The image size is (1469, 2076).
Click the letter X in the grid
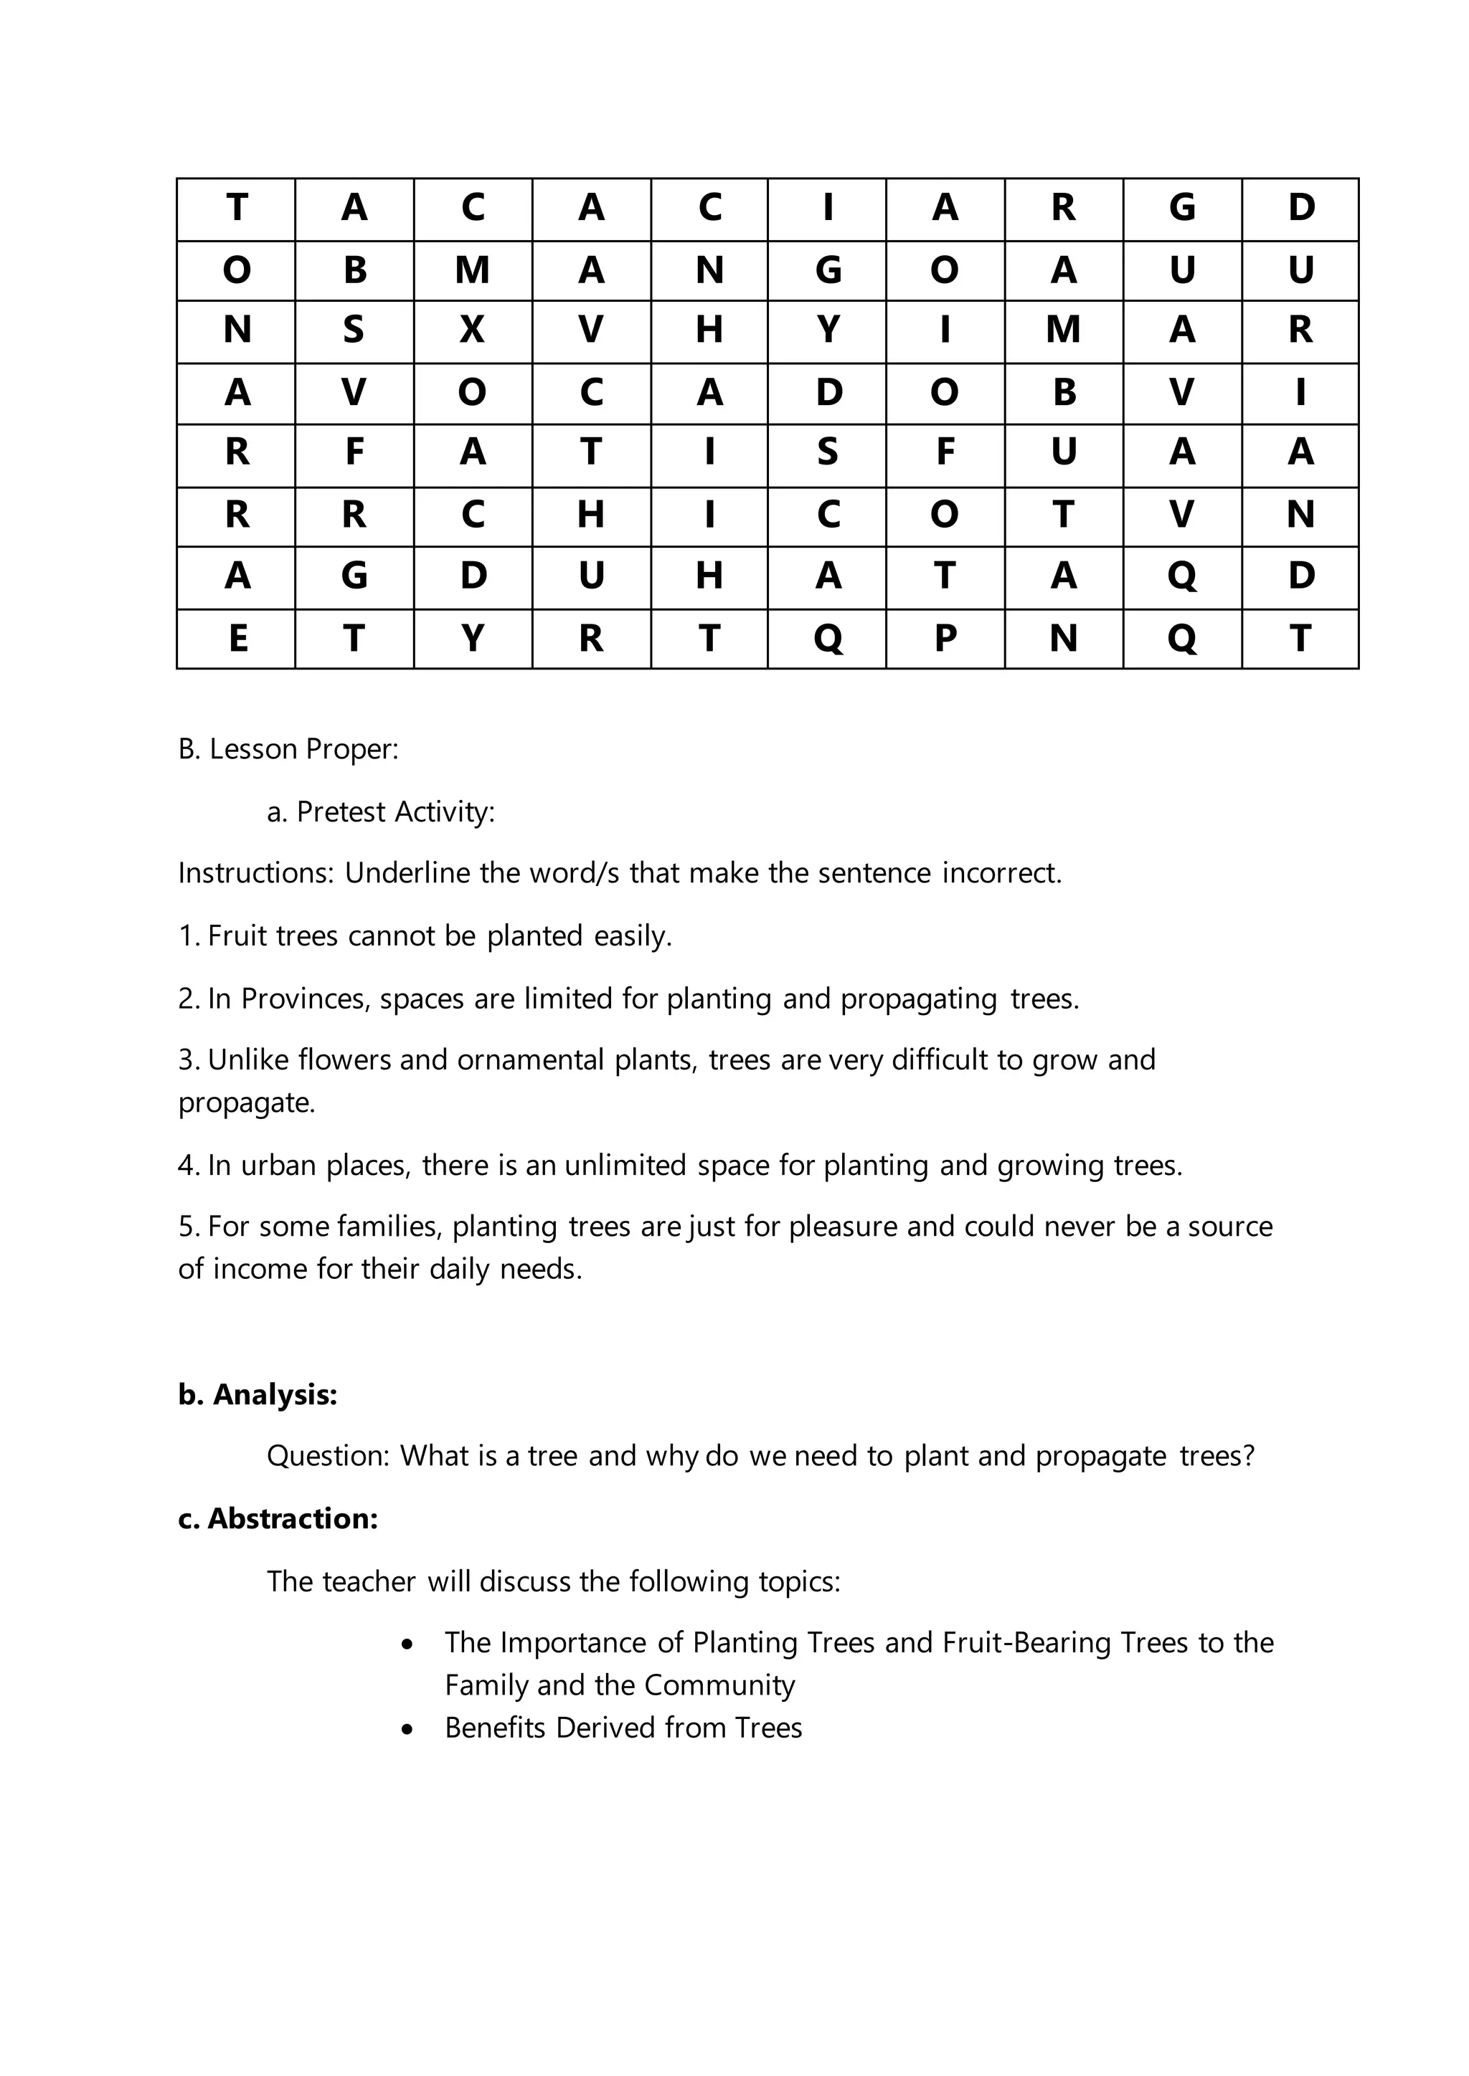pos(472,330)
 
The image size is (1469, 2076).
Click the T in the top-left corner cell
pos(237,208)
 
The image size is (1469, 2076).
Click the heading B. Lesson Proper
pos(288,750)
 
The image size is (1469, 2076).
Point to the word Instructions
pos(256,873)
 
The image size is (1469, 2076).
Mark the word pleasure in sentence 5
pos(843,1227)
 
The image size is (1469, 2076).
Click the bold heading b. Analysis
pos(257,1395)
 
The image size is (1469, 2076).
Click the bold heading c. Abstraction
pos(278,1519)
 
